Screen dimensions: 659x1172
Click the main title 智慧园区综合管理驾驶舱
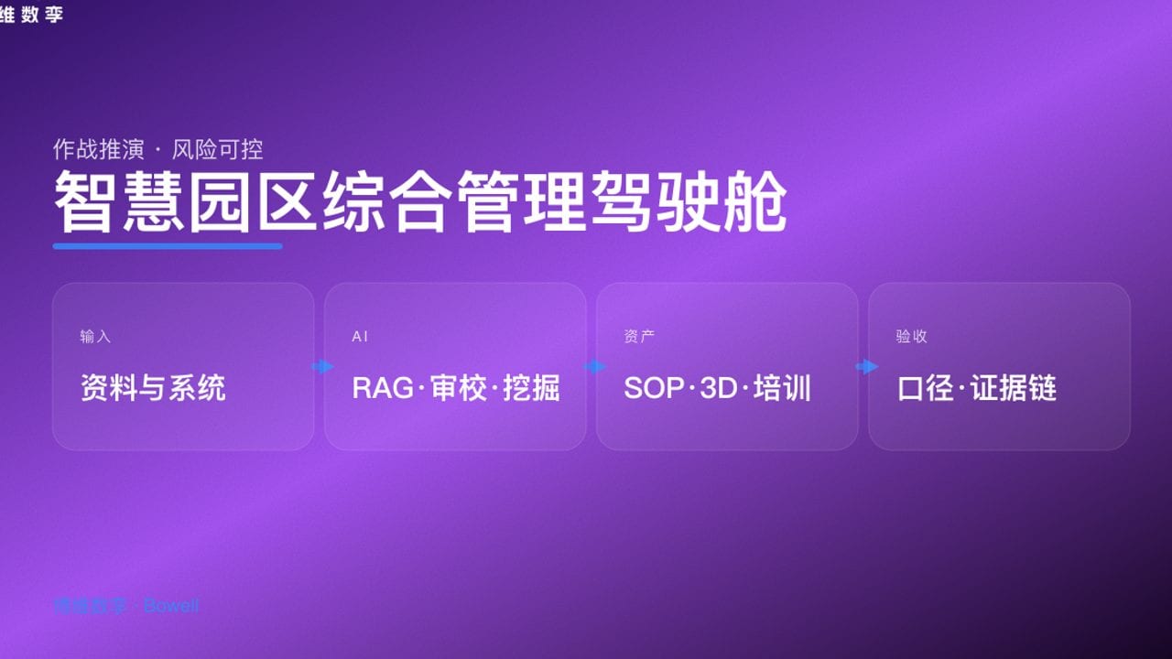[x=419, y=200]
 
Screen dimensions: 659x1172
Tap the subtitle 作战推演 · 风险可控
[x=157, y=148]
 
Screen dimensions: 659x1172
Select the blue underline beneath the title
[x=168, y=245]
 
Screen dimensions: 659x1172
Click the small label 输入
[x=95, y=337]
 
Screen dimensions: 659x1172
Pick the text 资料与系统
[x=153, y=388]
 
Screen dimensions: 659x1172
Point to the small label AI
[x=360, y=337]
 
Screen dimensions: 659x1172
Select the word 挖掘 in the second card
[x=531, y=388]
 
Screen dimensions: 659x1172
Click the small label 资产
[x=639, y=337]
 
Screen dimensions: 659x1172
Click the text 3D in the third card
[x=719, y=388]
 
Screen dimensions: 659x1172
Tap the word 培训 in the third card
[x=783, y=388]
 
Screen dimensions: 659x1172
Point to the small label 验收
[x=912, y=337]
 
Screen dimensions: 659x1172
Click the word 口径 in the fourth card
[x=927, y=388]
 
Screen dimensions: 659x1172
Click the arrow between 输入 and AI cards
[x=321, y=367]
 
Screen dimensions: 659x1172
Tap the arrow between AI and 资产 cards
[x=593, y=367]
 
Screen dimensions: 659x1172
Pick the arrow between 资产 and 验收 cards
[x=865, y=367]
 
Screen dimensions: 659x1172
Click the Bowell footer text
[x=171, y=606]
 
